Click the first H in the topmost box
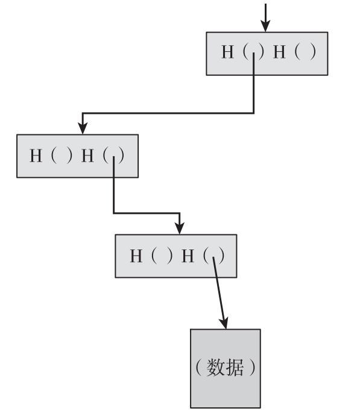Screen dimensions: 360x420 [227, 52]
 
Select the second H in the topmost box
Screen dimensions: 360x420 [279, 52]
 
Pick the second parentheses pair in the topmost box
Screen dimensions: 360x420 [305, 52]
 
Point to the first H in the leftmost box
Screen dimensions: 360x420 [36, 155]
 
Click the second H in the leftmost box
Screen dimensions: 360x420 [87, 155]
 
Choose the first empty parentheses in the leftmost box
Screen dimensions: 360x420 [62, 155]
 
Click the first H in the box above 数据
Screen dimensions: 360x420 [136, 256]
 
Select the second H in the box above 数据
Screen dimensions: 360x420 [188, 256]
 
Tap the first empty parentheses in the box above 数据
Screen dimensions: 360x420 [162, 256]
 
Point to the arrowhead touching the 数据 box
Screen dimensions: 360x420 [224, 324]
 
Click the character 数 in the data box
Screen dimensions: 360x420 [216, 367]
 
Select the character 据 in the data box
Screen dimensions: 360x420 [235, 367]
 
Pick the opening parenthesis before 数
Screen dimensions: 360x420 [198, 367]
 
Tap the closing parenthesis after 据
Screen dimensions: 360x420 [252, 367]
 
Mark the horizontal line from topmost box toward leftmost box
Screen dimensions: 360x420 [168, 113]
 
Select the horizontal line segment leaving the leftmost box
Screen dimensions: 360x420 [147, 213]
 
